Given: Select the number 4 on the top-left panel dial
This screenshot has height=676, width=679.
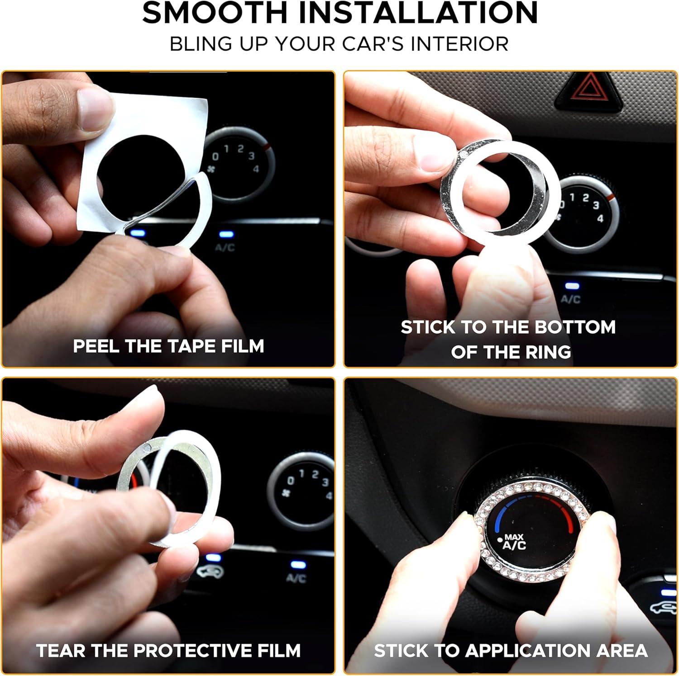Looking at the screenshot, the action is click(256, 169).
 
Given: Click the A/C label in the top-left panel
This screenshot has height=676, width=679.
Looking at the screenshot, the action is click(225, 247).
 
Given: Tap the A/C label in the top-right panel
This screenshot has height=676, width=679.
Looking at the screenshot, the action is click(570, 299).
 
